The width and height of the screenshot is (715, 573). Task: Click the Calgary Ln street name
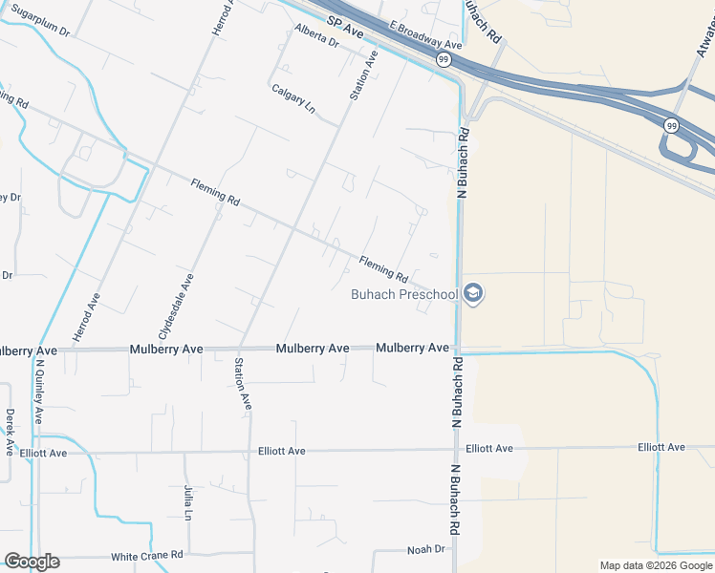click(292, 98)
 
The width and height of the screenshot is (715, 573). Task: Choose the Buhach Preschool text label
click(404, 294)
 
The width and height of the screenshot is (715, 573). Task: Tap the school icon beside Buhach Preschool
click(472, 294)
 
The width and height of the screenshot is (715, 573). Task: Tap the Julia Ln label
click(188, 501)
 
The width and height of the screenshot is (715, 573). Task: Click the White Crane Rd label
click(147, 556)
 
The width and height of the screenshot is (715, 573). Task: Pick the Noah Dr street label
click(426, 549)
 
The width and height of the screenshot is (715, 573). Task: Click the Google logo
click(32, 562)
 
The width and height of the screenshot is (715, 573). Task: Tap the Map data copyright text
click(656, 565)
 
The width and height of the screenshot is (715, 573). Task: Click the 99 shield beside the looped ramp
click(671, 125)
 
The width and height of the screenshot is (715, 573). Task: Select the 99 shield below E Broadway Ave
click(444, 59)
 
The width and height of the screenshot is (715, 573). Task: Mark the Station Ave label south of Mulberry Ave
click(242, 384)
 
